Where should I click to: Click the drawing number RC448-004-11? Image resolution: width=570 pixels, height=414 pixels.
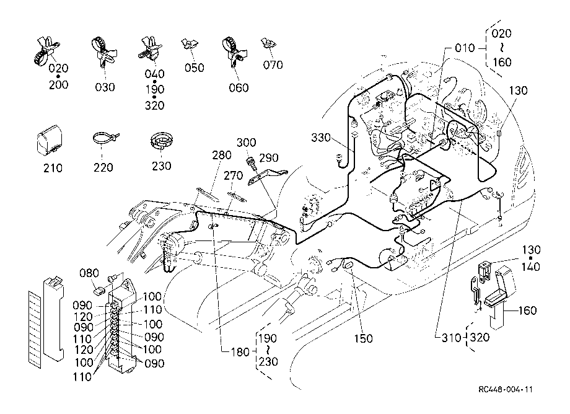point(506,390)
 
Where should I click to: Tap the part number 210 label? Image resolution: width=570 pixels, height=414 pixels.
point(53,168)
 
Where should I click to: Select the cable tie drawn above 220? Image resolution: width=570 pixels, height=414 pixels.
point(106,139)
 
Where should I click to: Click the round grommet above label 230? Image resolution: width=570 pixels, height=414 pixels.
point(162,141)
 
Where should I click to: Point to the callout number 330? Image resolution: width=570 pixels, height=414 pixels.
point(321,138)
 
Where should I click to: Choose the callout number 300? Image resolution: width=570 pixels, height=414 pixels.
point(246,143)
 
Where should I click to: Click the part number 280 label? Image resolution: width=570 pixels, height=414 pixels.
point(222,155)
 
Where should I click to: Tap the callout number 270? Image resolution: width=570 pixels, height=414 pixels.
point(233,175)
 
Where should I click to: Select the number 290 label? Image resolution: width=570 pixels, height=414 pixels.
point(269,158)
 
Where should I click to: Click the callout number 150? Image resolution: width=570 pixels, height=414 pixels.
point(363,338)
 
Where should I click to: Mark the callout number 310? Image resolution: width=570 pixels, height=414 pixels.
point(451,338)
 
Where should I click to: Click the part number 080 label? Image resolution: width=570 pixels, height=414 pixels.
point(89,273)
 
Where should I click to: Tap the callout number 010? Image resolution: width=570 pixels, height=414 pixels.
point(465,48)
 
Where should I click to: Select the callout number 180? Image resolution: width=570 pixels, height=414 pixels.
point(240,352)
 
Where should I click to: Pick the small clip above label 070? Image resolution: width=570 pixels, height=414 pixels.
point(268,43)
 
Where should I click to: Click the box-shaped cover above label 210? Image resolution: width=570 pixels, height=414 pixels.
point(49,138)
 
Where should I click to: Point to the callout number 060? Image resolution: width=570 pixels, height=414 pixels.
point(239,87)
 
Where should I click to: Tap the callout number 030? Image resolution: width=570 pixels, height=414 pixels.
point(105,87)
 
